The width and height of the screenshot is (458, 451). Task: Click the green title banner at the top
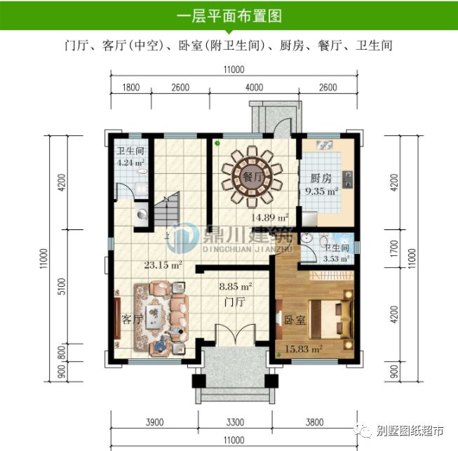pyautogui.click(x=229, y=15)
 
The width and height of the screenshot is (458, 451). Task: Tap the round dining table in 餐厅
pyautogui.click(x=251, y=175)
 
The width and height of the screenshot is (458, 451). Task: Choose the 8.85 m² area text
pyautogui.click(x=236, y=286)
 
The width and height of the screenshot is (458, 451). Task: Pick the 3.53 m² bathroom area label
pyautogui.click(x=335, y=260)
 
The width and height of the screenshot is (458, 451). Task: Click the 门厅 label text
pyautogui.click(x=234, y=302)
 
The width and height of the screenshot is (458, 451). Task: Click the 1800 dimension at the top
pyautogui.click(x=131, y=88)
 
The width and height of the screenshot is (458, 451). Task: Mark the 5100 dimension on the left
pyautogui.click(x=62, y=288)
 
